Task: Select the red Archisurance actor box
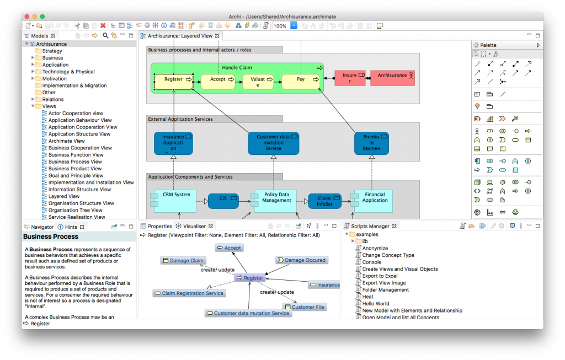[x=392, y=78]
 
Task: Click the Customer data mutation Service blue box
[x=273, y=143]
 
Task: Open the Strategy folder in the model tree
[x=52, y=51]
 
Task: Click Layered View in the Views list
[x=64, y=196]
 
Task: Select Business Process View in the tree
[x=75, y=162]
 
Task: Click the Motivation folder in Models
[x=54, y=79]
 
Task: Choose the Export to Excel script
[x=380, y=276]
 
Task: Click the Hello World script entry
[x=375, y=304]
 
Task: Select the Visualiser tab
[x=194, y=226]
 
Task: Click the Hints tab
[x=71, y=227]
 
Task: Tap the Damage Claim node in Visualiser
[x=183, y=260]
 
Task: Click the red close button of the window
[x=26, y=17]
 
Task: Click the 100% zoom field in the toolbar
[x=280, y=26]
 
